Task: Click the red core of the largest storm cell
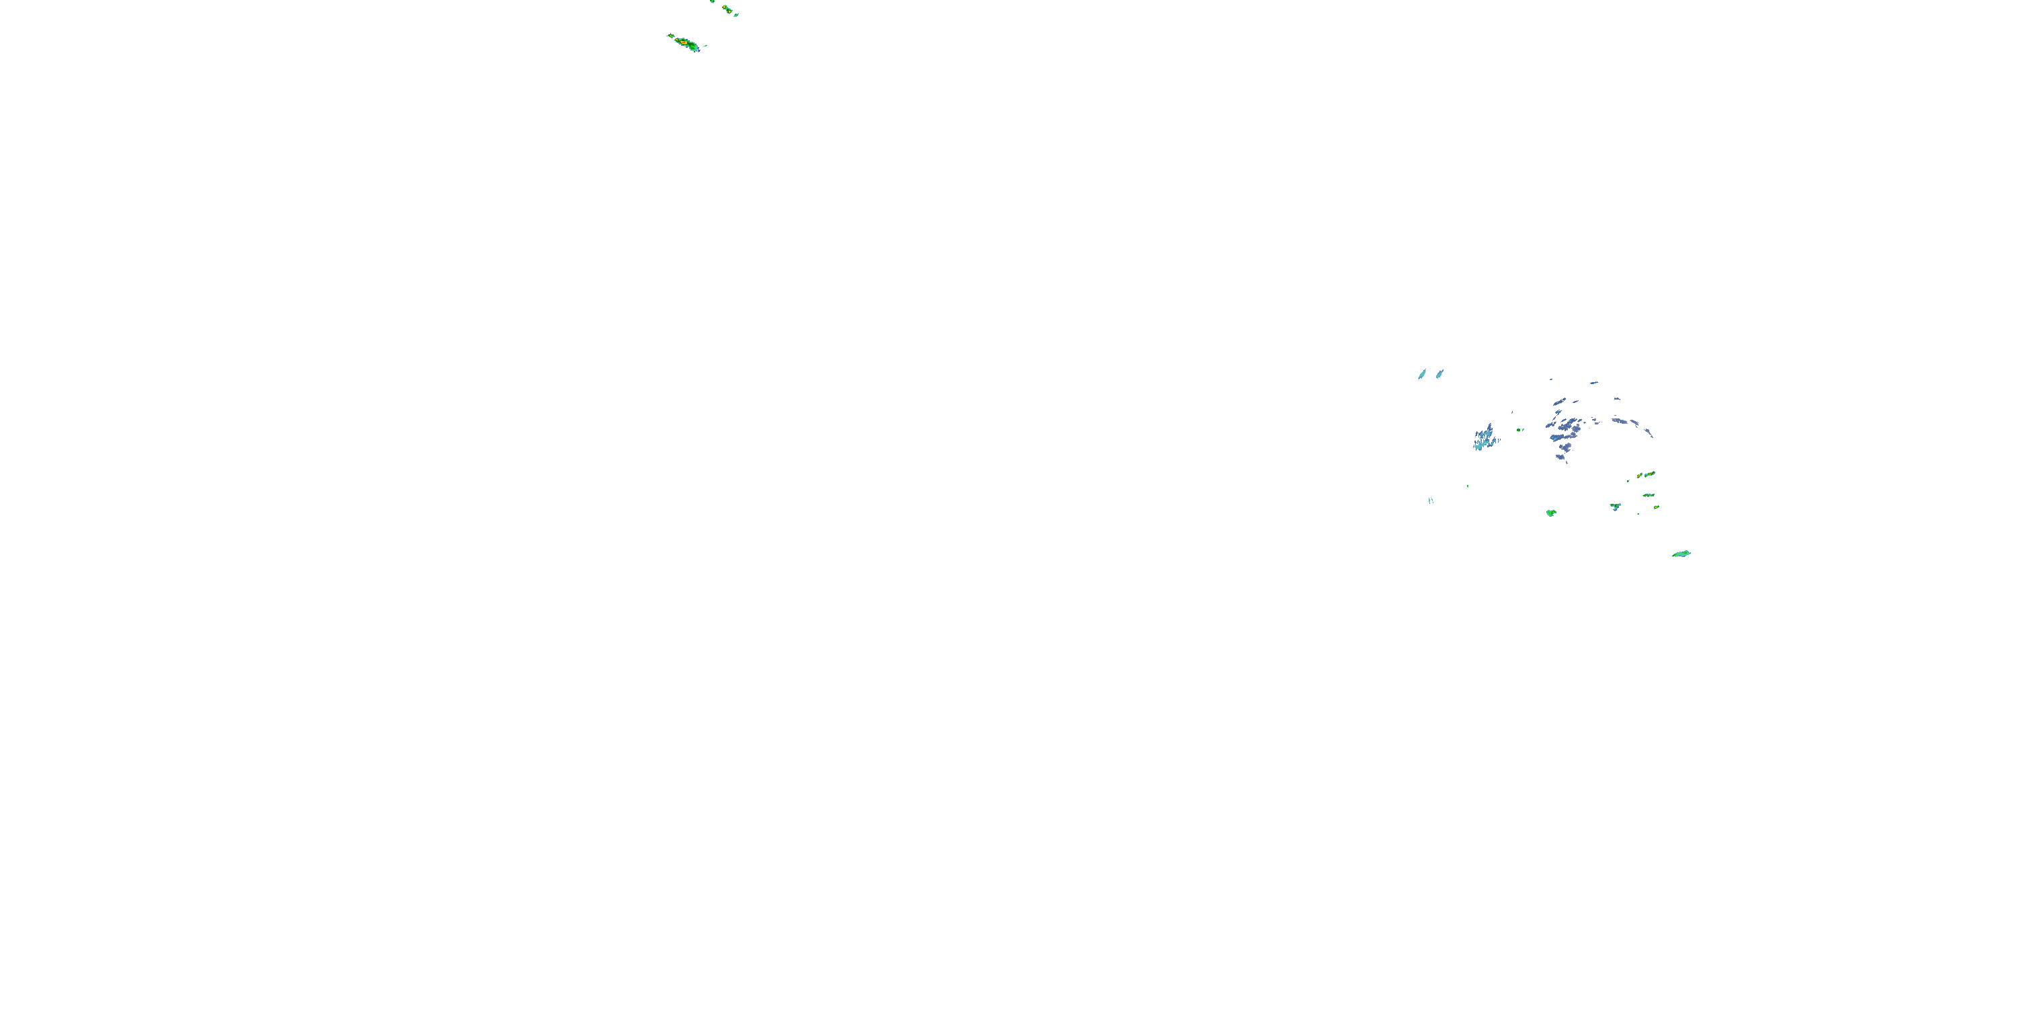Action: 684,42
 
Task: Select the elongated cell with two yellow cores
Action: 727,9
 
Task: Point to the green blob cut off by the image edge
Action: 712,1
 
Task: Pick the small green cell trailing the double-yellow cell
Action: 737,15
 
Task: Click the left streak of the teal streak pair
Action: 1422,375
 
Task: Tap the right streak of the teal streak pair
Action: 1439,374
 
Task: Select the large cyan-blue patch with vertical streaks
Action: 1484,438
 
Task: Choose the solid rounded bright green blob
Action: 1550,513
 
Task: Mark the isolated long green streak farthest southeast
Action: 1681,554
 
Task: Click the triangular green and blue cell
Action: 1614,507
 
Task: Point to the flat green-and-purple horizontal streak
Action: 1648,495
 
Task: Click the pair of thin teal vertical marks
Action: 1431,500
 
